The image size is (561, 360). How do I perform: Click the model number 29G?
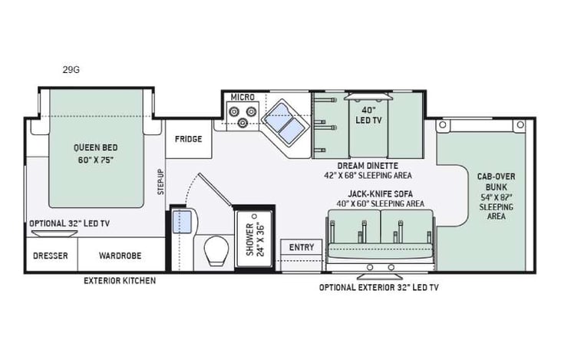click(x=71, y=70)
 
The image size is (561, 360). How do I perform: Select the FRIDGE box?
click(x=188, y=139)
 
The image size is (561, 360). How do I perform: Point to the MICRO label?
click(x=243, y=97)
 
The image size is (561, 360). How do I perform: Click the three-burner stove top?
click(x=245, y=116)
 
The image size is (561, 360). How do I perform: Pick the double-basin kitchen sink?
click(x=282, y=123)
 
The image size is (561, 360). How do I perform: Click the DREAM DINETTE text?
click(x=369, y=166)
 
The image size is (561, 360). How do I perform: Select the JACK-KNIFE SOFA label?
click(x=375, y=194)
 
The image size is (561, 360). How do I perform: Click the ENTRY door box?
click(x=302, y=246)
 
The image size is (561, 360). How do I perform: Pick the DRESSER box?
click(x=49, y=256)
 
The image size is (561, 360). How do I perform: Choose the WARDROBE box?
click(x=120, y=256)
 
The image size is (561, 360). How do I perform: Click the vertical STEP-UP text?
click(x=160, y=182)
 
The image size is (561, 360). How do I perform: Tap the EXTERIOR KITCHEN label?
click(x=120, y=281)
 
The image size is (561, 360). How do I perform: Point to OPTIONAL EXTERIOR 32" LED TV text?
click(x=378, y=288)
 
